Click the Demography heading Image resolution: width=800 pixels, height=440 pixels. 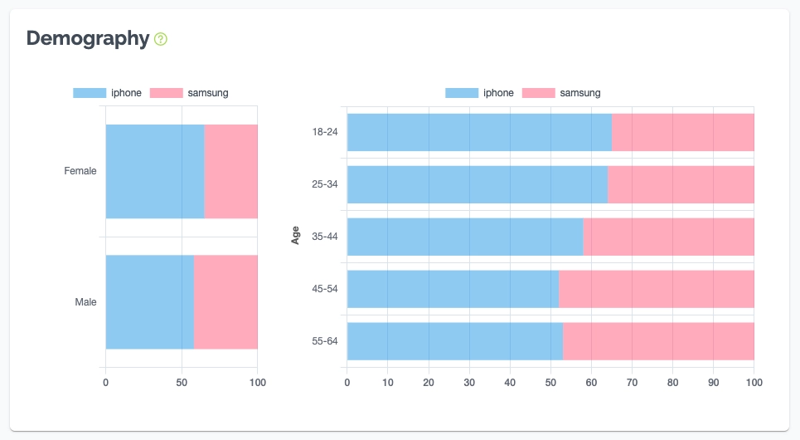tap(87, 38)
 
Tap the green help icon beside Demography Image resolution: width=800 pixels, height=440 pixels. tap(161, 39)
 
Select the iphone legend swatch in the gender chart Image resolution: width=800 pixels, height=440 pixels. tap(90, 93)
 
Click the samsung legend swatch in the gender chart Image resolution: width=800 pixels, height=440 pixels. tap(166, 93)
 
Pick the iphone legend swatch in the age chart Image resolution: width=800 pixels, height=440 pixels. tap(462, 93)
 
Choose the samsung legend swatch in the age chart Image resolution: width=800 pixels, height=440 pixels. tap(538, 93)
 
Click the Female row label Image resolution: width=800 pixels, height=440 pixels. tap(80, 171)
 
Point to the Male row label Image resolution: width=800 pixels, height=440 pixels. tap(85, 302)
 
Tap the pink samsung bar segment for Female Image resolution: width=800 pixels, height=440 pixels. tap(230, 171)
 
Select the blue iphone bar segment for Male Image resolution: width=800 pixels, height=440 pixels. tap(149, 302)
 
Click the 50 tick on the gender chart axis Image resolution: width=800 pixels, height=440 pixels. tap(182, 383)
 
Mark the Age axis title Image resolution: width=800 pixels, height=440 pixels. tap(296, 237)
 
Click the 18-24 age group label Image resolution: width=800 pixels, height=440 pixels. tap(324, 132)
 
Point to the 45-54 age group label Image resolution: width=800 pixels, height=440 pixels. tap(324, 289)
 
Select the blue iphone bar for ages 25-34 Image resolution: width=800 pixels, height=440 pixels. tap(477, 184)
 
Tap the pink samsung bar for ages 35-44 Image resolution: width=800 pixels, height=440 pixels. tap(668, 237)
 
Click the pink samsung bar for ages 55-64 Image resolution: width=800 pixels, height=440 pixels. tap(658, 341)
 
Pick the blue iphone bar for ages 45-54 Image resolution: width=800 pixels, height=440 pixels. tap(453, 289)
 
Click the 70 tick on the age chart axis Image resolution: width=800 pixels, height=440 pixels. tap(632, 383)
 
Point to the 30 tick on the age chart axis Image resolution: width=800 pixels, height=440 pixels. tap(469, 383)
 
